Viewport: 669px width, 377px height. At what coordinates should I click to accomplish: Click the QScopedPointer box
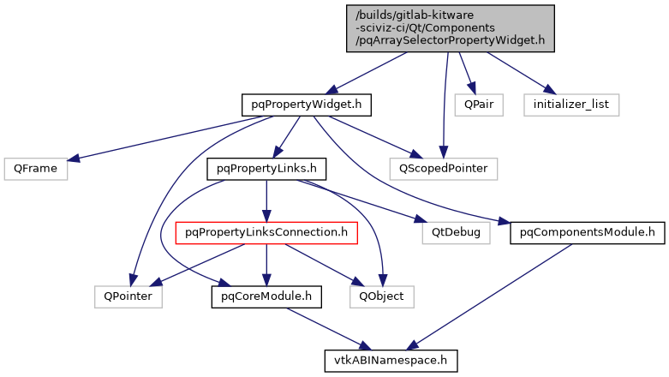[x=443, y=168]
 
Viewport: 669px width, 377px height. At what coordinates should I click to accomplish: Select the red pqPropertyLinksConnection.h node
[x=266, y=231]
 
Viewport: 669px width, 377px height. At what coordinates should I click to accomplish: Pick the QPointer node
[x=122, y=296]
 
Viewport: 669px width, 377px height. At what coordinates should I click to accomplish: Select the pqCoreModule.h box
[x=266, y=296]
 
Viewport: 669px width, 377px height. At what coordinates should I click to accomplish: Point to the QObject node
[x=381, y=296]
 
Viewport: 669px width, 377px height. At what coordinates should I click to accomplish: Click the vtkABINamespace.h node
[x=391, y=360]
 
